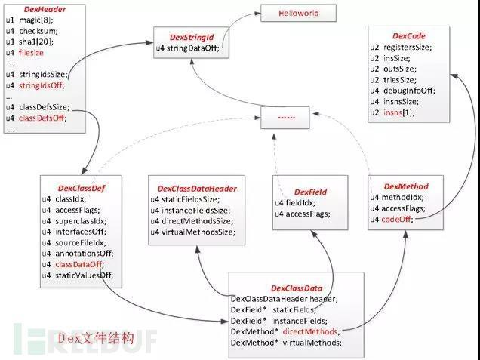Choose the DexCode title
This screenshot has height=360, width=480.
[409, 35]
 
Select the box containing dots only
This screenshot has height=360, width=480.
[288, 117]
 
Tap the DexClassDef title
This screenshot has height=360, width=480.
[79, 187]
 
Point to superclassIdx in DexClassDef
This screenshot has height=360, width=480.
[81, 221]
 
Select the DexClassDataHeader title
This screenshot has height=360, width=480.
[197, 188]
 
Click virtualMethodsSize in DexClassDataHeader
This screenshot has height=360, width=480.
[198, 232]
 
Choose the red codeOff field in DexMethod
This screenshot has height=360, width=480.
[399, 220]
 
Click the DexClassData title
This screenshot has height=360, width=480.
[297, 288]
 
